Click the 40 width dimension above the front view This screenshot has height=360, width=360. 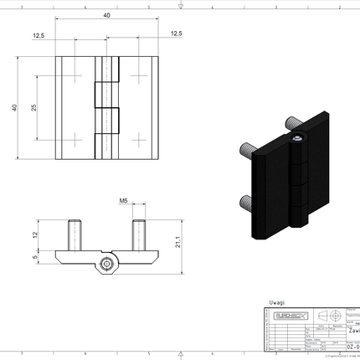(x=107, y=15)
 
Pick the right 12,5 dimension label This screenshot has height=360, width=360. (x=175, y=33)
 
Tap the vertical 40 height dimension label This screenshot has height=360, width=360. (x=13, y=108)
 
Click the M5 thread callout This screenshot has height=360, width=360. (x=123, y=202)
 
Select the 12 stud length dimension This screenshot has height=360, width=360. (x=34, y=234)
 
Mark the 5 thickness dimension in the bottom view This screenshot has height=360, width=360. (x=34, y=258)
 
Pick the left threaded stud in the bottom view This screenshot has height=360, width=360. (x=75, y=234)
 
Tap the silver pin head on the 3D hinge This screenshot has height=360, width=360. (x=297, y=136)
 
